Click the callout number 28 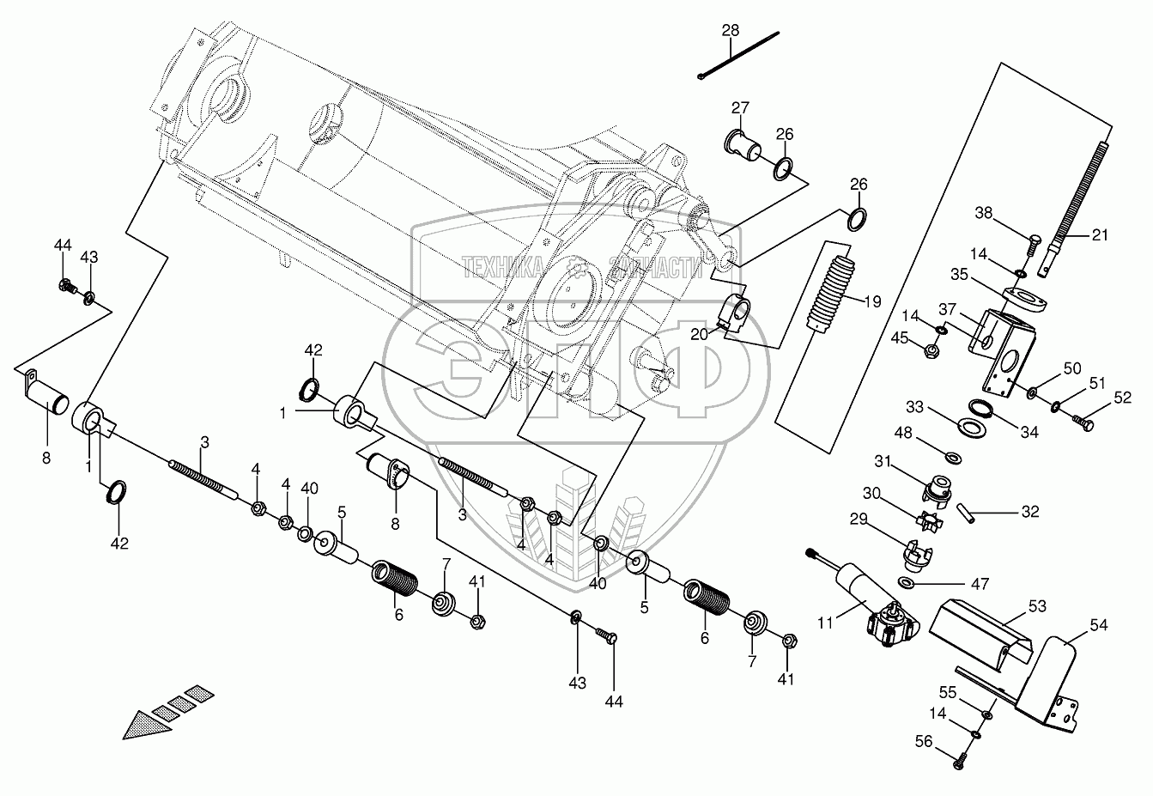point(730,30)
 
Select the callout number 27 point(740,107)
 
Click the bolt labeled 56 point(959,759)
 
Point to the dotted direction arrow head point(142,726)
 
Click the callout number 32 point(1030,513)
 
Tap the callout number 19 point(872,301)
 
